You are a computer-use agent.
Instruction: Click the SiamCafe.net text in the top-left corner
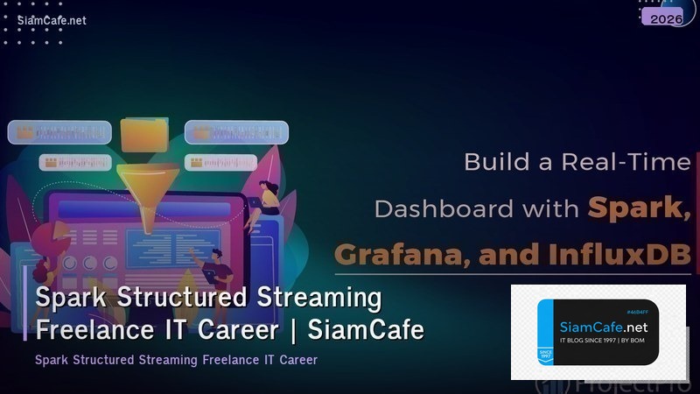[52, 21]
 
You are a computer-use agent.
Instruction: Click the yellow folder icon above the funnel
[145, 134]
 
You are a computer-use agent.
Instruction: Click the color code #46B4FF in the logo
[640, 312]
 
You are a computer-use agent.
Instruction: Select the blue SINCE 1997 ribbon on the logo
[546, 350]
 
